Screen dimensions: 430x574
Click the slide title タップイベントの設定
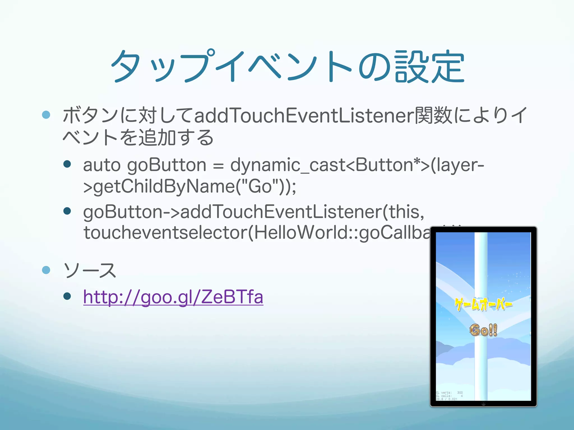287,67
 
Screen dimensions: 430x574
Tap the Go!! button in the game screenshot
483,330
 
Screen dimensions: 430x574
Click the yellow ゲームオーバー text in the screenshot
483,304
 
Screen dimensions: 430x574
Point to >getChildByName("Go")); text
189,187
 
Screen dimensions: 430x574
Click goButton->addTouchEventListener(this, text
254,212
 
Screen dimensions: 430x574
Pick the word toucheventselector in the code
165,233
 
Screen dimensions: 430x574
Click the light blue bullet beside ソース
46,270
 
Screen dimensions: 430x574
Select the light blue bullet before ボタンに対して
46,114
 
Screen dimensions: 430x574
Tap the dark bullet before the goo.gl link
67,296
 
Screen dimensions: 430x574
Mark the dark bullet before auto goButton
67,164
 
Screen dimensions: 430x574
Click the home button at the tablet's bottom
483,404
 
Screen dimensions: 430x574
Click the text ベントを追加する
138,138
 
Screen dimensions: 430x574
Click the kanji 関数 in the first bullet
433,115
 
